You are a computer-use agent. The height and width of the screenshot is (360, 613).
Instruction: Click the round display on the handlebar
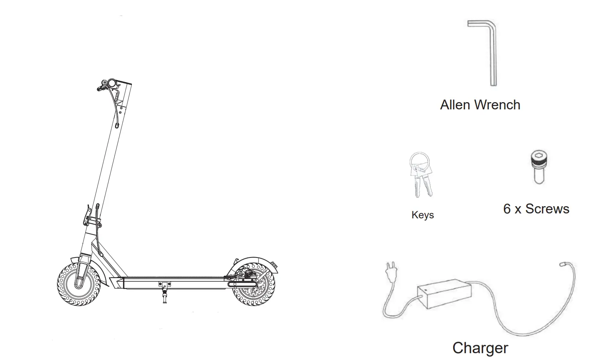[112, 82]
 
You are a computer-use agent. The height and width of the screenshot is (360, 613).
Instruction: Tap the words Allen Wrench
[480, 105]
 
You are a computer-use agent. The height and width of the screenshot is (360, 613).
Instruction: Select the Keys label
[422, 215]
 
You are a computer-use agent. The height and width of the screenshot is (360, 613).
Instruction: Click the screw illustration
[539, 167]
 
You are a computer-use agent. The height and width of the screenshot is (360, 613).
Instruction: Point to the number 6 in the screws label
[507, 209]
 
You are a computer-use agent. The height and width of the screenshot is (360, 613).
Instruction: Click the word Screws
[547, 209]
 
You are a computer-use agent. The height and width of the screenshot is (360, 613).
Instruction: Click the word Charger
[480, 348]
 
